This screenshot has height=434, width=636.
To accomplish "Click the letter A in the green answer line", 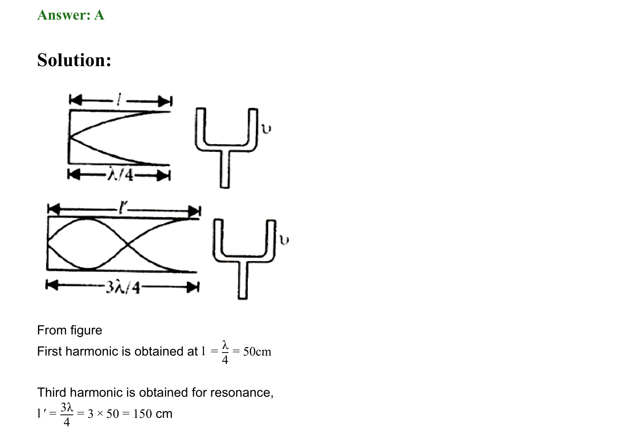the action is coord(99,15).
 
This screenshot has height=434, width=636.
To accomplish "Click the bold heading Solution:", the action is coord(74,60).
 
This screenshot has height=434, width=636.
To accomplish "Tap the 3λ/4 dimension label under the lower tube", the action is coord(123,288).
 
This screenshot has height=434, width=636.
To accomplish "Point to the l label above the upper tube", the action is coord(119,100).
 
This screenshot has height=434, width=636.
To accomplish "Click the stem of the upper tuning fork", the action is coord(225,169).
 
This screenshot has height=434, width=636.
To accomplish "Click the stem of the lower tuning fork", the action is coord(242,280).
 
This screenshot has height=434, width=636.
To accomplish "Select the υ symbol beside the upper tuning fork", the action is coord(266,129).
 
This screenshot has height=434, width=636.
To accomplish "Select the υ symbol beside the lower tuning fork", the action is coord(284,240).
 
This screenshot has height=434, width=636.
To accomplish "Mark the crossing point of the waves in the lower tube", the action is coord(127,244).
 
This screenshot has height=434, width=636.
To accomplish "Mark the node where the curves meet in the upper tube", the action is coord(70,138).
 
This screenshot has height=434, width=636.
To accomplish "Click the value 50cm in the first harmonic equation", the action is coord(257,352).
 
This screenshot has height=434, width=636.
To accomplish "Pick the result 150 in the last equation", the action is coord(142,414).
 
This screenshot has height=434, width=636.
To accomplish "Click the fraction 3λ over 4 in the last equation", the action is coord(67,414).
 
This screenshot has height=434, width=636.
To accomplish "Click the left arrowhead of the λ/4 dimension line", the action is coord(74,174).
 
